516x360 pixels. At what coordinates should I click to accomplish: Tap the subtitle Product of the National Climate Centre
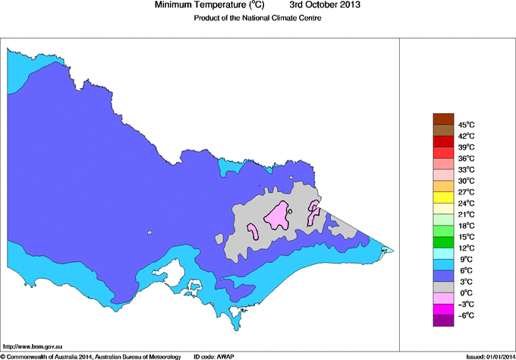(x=258, y=18)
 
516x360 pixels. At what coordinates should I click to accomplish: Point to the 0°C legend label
(x=465, y=292)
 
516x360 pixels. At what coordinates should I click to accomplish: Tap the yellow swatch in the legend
(x=442, y=197)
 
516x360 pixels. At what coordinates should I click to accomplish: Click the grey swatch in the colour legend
(x=442, y=287)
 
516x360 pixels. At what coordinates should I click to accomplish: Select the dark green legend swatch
(x=442, y=242)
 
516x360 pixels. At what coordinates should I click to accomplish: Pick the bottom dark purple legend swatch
(x=442, y=321)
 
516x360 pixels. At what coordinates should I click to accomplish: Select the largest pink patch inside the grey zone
(x=276, y=216)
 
